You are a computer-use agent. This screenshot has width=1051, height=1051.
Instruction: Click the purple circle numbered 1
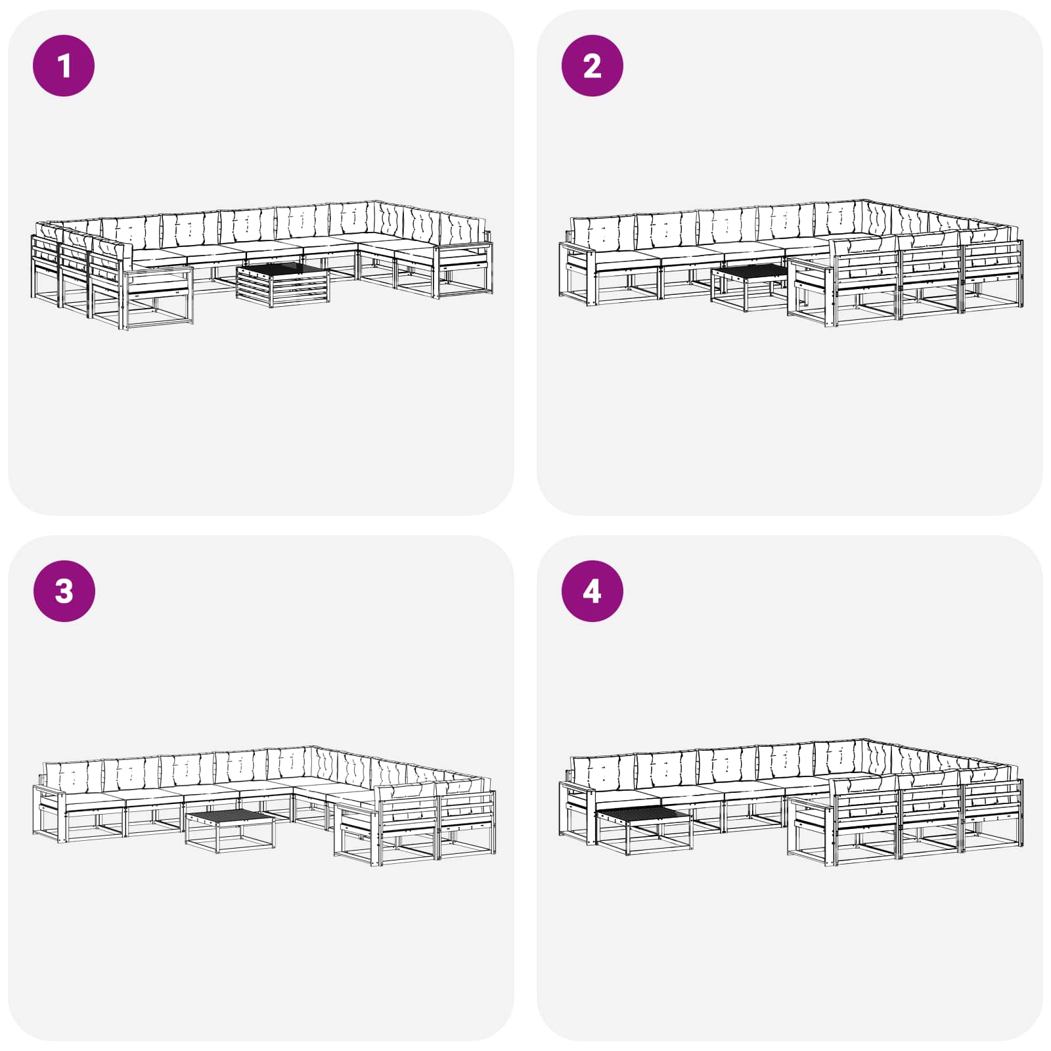pyautogui.click(x=64, y=66)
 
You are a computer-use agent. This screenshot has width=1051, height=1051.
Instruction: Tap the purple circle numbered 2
pyautogui.click(x=592, y=66)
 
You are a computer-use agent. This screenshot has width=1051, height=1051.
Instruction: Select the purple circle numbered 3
pyautogui.click(x=64, y=591)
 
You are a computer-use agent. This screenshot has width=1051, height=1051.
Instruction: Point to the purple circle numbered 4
pyautogui.click(x=592, y=591)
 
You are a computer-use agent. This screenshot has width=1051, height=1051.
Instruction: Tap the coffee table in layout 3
pyautogui.click(x=231, y=831)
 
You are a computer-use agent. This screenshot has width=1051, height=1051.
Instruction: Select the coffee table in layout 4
pyautogui.click(x=644, y=829)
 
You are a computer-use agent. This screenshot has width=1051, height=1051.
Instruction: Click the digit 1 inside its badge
pyautogui.click(x=64, y=66)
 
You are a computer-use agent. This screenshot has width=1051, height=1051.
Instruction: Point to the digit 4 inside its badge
pyautogui.click(x=592, y=591)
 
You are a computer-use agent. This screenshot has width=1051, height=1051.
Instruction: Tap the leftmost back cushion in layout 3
pyautogui.click(x=73, y=776)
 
